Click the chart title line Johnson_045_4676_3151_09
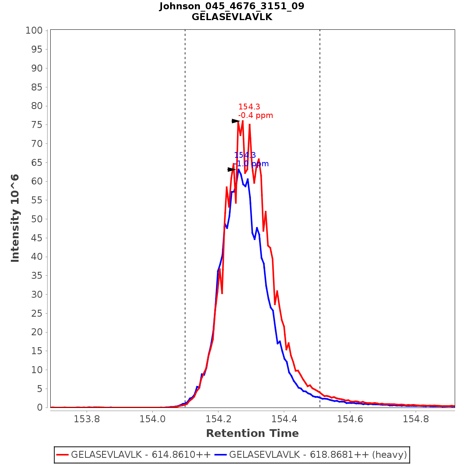pyautogui.click(x=232, y=6)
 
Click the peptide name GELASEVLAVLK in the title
pyautogui.click(x=232, y=17)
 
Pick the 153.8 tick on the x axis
pyautogui.click(x=87, y=419)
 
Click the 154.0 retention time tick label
pyautogui.click(x=152, y=419)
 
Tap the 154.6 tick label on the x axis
pyautogui.click(x=350, y=419)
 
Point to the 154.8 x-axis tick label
pyautogui.click(x=416, y=419)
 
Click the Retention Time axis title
pyautogui.click(x=252, y=433)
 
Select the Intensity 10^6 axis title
pyautogui.click(x=15, y=218)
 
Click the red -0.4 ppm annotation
pyautogui.click(x=256, y=116)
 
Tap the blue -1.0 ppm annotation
pyautogui.click(x=252, y=164)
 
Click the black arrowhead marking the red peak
pyautogui.click(x=235, y=121)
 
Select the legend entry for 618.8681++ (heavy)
pyautogui.click(x=318, y=455)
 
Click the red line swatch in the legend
pyautogui.click(x=63, y=455)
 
